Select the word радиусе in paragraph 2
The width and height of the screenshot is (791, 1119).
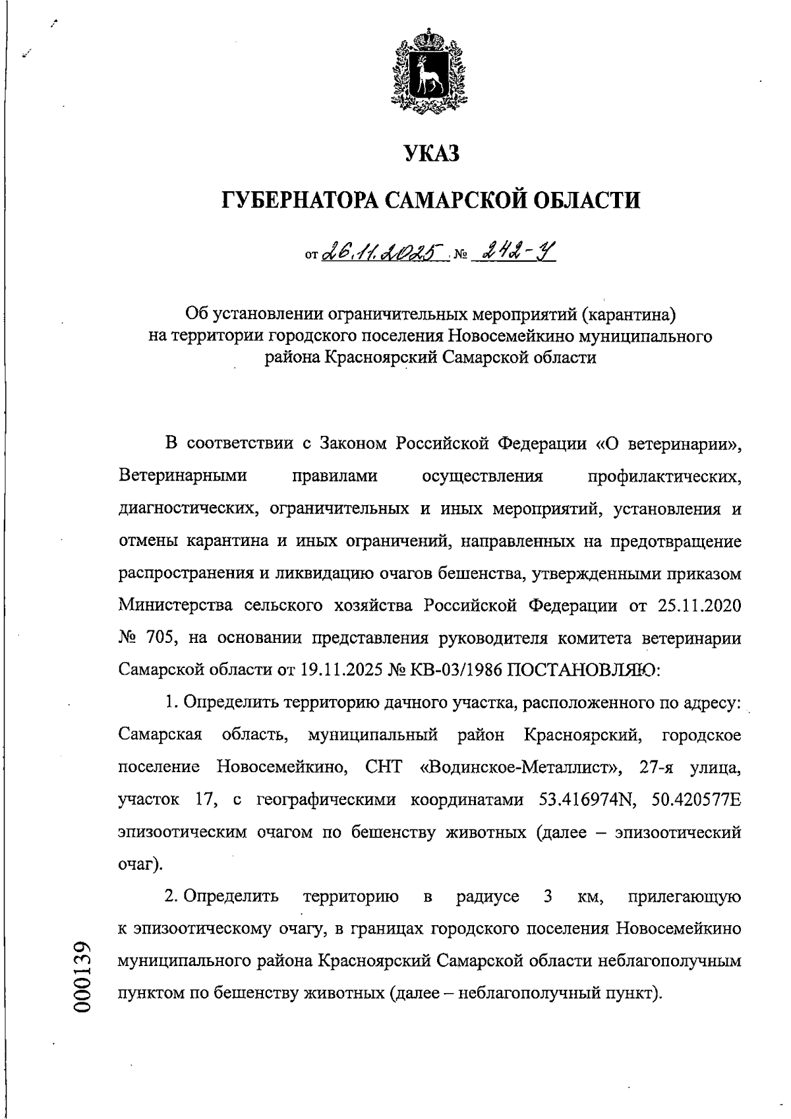point(488,897)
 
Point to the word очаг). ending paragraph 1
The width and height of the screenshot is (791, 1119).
point(140,864)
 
